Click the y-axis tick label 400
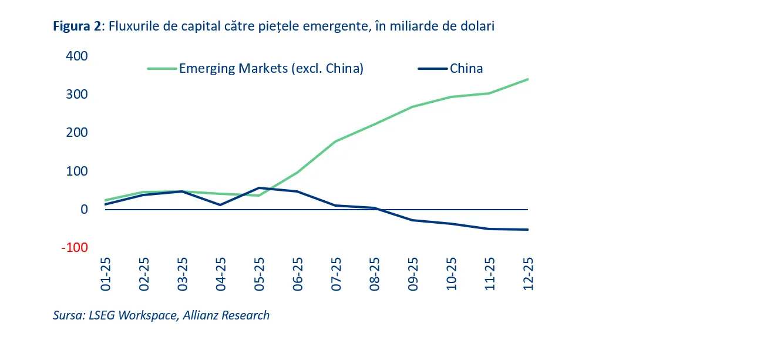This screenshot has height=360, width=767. [76, 56]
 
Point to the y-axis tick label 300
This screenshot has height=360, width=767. [76, 95]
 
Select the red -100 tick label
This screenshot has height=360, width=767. [75, 248]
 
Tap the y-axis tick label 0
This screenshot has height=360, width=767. [83, 210]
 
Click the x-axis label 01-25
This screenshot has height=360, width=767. [106, 274]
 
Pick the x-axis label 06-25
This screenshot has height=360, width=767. [297, 274]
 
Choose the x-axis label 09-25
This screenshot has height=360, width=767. [412, 274]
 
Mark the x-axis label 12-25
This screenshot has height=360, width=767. [527, 274]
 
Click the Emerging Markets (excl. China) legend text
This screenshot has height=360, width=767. [271, 69]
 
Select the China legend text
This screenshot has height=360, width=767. [466, 69]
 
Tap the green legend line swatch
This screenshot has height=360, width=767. [162, 69]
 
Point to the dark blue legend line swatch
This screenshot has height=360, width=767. [433, 69]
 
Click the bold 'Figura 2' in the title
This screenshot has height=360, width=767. [76, 26]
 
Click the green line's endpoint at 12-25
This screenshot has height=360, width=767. [527, 79]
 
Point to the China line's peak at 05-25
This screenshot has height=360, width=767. [259, 188]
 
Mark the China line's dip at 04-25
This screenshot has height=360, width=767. [221, 205]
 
